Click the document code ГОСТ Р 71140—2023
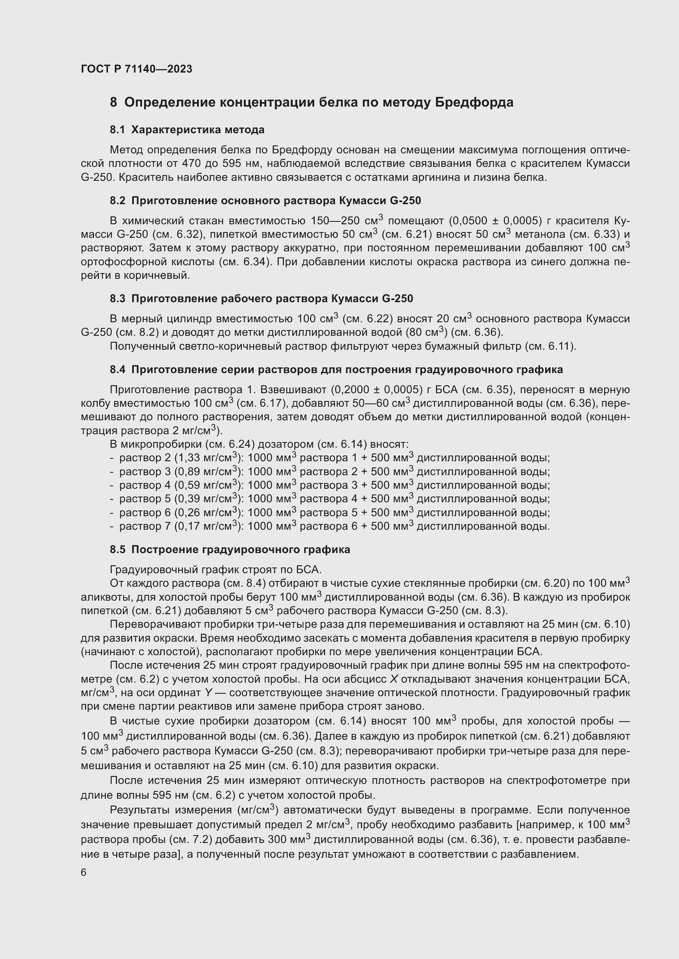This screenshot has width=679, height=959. point(136,69)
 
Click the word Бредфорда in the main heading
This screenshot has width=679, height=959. point(474,103)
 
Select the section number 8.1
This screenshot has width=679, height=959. point(117,130)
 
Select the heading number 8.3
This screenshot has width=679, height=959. point(117,298)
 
